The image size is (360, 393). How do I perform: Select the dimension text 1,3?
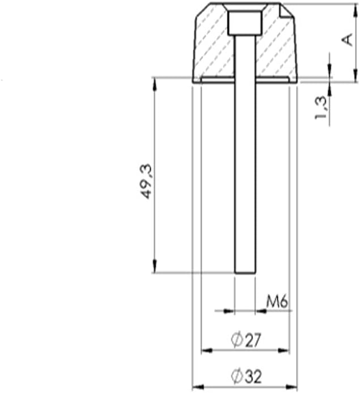coord(322,107)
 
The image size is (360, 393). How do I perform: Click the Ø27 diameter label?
coord(245,340)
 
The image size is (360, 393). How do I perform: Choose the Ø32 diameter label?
coord(246,375)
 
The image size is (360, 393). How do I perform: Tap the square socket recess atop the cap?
coord(244,23)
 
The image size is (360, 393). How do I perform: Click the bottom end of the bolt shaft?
coord(245,273)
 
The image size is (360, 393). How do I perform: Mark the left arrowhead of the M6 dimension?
coord(229,310)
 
